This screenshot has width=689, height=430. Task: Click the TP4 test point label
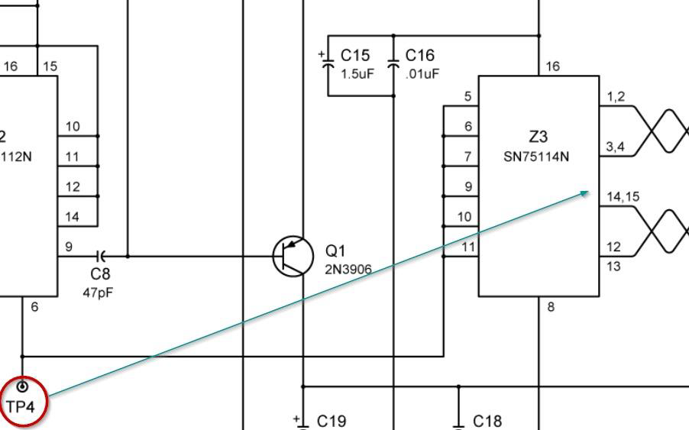21,406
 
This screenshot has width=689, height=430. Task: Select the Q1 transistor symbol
293,256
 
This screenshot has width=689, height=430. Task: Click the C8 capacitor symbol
100,256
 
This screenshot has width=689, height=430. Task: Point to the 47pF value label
98,292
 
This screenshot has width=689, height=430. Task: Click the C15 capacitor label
355,56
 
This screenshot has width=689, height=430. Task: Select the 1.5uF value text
356,74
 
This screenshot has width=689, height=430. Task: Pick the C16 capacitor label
419,56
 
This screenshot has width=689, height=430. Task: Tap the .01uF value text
422,74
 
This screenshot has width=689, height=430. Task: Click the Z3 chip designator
538,137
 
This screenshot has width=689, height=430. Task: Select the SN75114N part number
536,157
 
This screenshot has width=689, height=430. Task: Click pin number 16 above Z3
552,66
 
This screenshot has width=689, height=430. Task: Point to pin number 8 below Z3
552,307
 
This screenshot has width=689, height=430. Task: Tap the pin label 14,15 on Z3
623,197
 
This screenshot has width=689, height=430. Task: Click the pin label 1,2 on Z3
616,96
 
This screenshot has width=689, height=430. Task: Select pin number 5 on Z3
467,96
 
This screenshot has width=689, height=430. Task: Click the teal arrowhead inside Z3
585,192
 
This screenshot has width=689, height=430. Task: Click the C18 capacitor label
487,421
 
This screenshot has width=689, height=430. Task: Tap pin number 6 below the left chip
34,307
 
